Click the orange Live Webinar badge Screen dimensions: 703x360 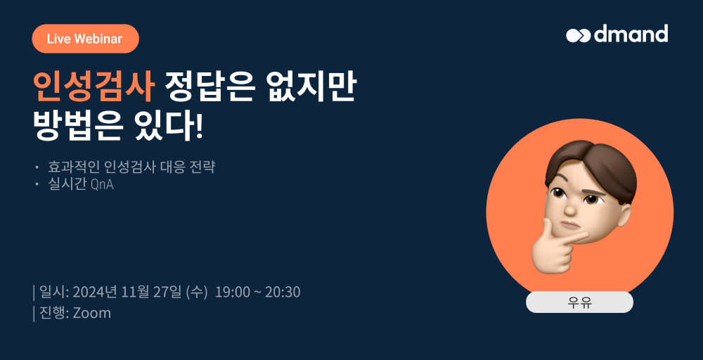coord(85,39)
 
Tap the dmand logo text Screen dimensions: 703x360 coord(631,34)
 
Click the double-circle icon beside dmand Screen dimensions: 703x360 coord(579,35)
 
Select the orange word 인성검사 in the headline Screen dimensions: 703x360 coord(93,86)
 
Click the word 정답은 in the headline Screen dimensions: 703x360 coord(209,86)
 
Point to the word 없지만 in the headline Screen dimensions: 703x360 coord(311,86)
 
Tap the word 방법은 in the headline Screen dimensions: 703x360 coord(78,126)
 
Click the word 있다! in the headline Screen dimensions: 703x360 coord(168,126)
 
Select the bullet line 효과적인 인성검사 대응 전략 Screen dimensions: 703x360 coord(131,167)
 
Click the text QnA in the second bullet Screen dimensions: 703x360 coord(102,185)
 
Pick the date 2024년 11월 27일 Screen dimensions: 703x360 coord(127,292)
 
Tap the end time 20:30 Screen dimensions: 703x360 coord(283,292)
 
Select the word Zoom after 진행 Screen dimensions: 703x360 coord(91,313)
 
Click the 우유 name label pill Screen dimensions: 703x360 coord(579,302)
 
